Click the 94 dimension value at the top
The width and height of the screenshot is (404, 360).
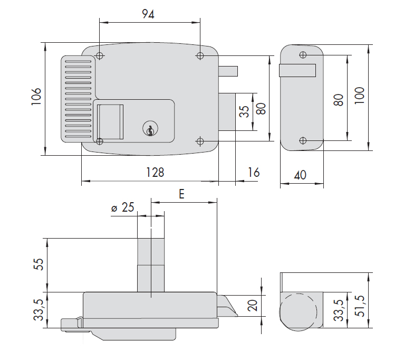148,14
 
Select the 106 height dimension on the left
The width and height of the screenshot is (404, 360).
35,98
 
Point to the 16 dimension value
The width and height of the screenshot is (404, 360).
253,172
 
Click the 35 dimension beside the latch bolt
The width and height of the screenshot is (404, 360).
244,112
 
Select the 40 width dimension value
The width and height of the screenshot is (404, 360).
300,175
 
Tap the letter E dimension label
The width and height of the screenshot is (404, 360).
181,194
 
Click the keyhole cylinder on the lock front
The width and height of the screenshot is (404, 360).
150,128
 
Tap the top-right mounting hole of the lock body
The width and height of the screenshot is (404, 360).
200,55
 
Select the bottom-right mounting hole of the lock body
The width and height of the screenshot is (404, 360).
200,141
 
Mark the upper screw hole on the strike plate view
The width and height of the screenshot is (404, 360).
302,55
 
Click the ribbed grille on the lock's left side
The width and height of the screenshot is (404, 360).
78,99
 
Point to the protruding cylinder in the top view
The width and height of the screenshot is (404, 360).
150,264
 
